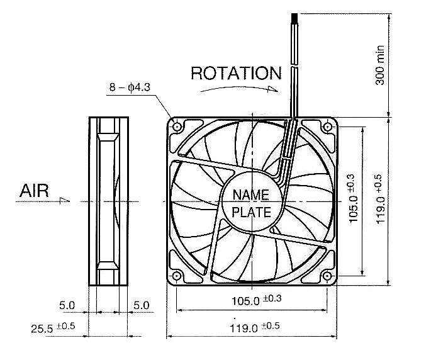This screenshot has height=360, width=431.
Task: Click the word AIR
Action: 35,191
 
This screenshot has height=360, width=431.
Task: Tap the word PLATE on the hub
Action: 251,212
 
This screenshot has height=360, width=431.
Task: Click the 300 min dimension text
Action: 381,60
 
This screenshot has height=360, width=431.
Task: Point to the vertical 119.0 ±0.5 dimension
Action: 380,200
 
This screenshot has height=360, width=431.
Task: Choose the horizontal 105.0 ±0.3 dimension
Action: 252,301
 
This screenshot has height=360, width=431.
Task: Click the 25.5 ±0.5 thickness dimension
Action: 53,328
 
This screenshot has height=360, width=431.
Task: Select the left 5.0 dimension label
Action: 68,305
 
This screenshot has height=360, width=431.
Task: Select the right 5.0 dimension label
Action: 142,305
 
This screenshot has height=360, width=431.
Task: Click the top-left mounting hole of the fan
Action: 177,127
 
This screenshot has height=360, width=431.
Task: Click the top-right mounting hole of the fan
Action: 327,127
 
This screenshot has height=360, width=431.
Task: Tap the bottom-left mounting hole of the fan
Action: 177,275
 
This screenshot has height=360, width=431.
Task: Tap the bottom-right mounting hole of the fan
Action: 327,275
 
